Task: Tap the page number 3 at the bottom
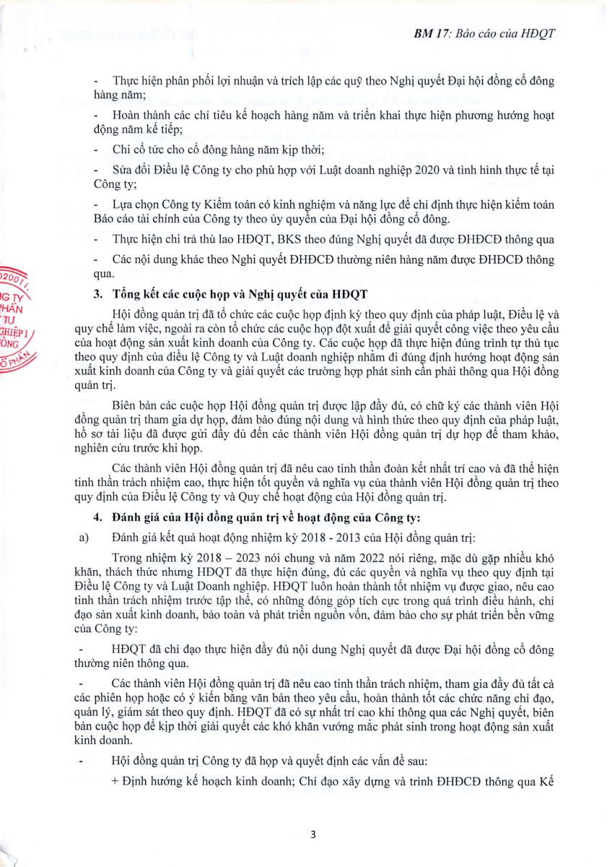[x=312, y=834]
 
